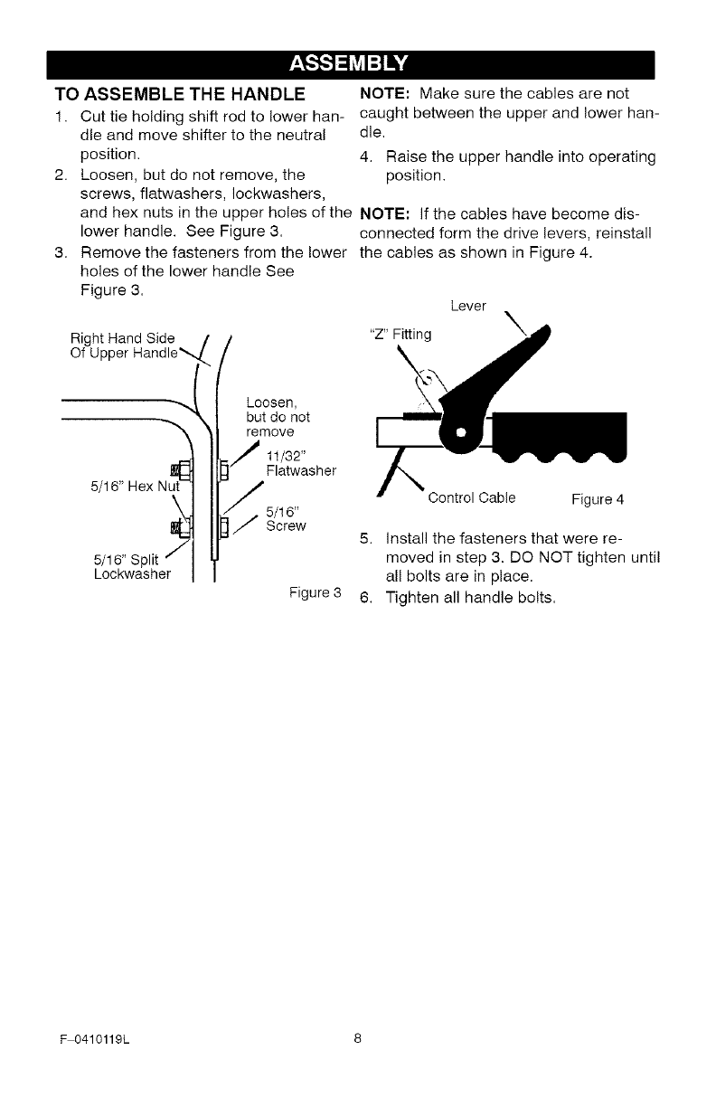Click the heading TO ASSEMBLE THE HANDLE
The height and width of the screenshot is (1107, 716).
coord(179,94)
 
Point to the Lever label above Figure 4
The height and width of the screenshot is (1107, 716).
coord(466,307)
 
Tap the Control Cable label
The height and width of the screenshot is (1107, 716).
coord(472,497)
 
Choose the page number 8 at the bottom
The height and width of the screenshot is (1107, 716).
coord(358,1038)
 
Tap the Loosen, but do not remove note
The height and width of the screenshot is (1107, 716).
coord(278,418)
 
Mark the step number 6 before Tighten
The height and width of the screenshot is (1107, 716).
coord(364,597)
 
